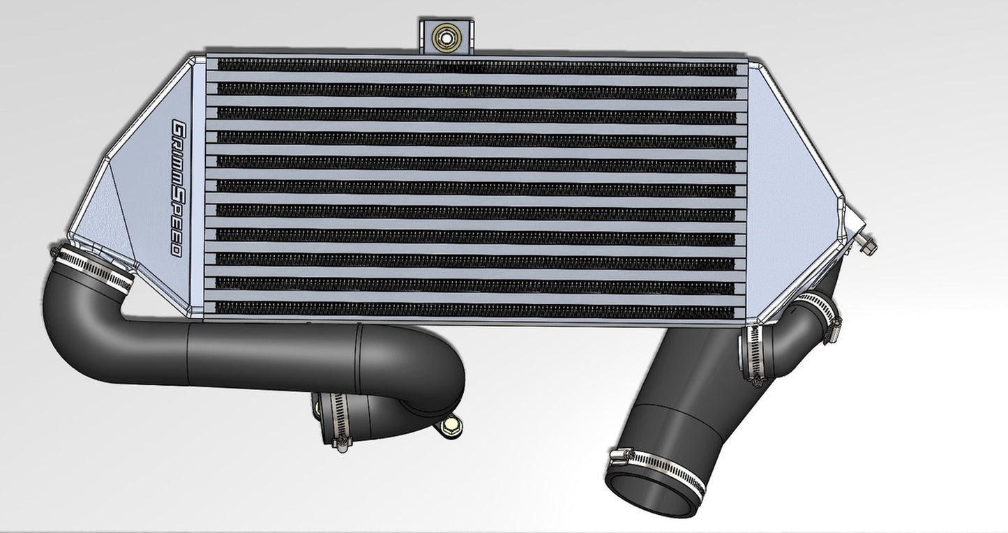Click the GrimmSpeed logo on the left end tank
pyautogui.click(x=177, y=188)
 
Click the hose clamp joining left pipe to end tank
pyautogui.click(x=94, y=268)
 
